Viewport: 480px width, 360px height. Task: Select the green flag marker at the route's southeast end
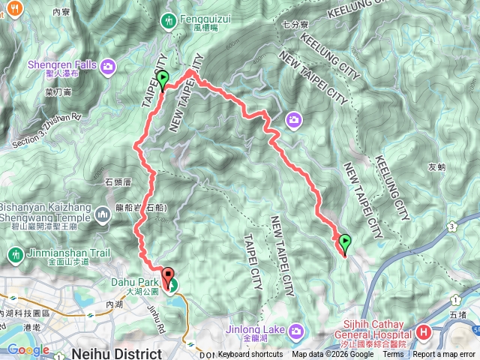point(345,242)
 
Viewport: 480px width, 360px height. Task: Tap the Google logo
point(28,350)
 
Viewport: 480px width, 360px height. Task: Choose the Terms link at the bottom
point(392,355)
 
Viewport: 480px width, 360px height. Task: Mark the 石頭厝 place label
point(118,181)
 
